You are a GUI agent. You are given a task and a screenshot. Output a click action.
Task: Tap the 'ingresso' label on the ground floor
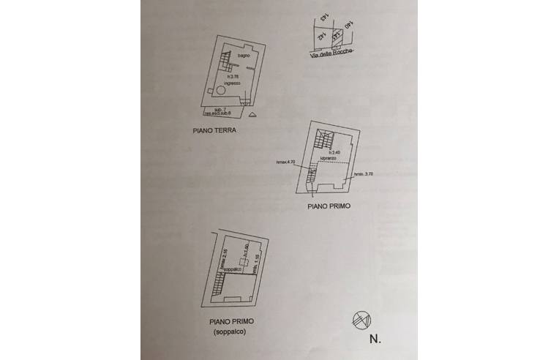click(232, 83)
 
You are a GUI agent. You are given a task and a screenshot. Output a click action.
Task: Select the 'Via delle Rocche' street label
click(331, 53)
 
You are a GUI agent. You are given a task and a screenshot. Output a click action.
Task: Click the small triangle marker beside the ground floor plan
click(252, 116)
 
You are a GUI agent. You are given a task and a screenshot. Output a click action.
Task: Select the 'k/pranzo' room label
click(328, 158)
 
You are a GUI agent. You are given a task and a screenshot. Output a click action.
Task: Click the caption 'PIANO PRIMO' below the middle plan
click(329, 206)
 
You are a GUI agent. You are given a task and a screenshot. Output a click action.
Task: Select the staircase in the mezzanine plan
click(219, 284)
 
